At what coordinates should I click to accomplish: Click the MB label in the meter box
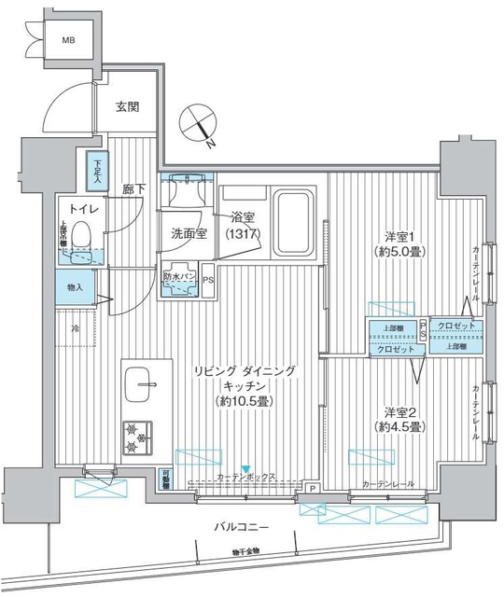70,41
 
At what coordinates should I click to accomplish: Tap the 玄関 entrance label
127,106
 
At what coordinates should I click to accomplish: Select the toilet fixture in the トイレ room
82,241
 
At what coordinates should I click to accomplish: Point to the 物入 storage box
75,287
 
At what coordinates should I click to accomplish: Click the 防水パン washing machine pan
177,282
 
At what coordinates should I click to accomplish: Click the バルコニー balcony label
241,527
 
